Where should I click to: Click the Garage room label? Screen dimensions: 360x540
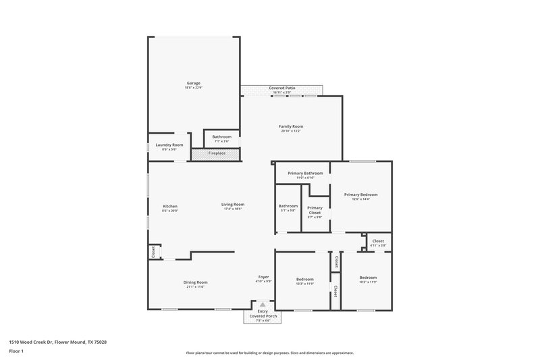click(193, 83)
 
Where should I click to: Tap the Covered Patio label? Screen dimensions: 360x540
click(282, 88)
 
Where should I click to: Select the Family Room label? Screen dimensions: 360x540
click(291, 126)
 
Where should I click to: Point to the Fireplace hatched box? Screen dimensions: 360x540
click(217, 154)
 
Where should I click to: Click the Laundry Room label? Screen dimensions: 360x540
click(169, 145)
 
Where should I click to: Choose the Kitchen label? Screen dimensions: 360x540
click(170, 206)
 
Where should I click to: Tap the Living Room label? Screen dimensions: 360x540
click(233, 205)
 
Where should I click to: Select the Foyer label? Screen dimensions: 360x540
click(264, 277)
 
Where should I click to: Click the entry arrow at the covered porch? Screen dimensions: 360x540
click(263, 305)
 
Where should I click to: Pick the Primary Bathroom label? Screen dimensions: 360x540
click(305, 173)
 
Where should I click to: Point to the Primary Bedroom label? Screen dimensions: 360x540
click(360, 195)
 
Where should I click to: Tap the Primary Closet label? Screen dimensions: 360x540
click(315, 210)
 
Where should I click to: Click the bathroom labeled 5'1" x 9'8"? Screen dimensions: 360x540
click(288, 206)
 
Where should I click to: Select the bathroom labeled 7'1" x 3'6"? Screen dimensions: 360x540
click(221, 137)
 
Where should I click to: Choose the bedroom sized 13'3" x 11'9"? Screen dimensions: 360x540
click(304, 278)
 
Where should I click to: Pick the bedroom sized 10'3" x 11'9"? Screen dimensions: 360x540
click(368, 278)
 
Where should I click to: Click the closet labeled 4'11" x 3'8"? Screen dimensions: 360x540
click(378, 240)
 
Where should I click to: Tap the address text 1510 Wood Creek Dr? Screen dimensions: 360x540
click(57, 342)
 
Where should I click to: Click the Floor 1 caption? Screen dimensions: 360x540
click(16, 351)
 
